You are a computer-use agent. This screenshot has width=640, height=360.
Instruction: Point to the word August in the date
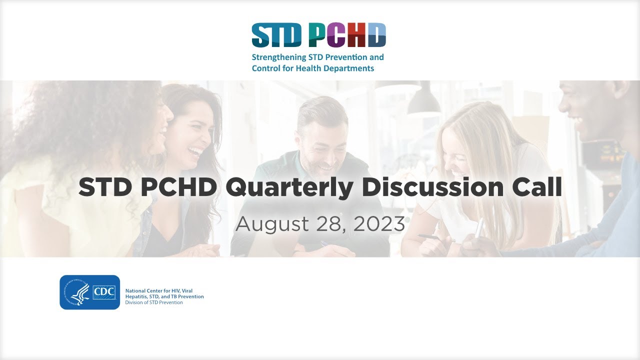pyautogui.click(x=272, y=224)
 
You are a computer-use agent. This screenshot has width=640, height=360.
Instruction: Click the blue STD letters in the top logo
pyautogui.click(x=276, y=35)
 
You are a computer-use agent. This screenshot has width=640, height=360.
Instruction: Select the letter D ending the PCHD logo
pyautogui.click(x=376, y=35)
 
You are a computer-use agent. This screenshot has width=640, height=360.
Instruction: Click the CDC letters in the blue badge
pyautogui.click(x=105, y=291)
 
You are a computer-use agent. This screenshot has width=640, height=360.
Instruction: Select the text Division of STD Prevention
pyautogui.click(x=154, y=302)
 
